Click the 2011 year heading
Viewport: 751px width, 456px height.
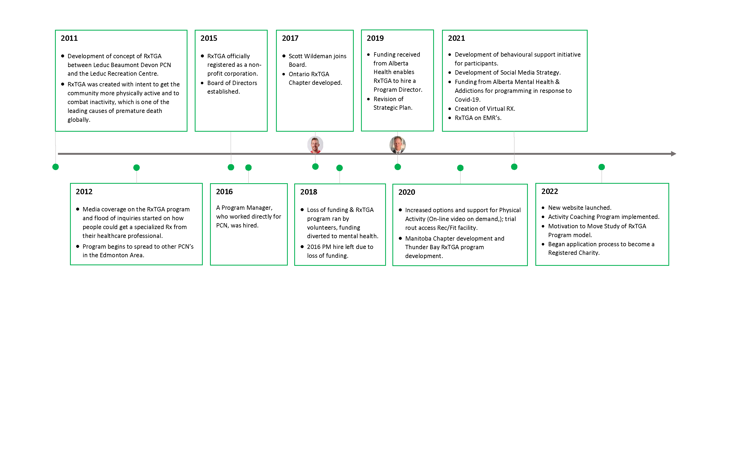pyautogui.click(x=69, y=38)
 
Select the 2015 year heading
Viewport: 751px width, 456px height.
pyautogui.click(x=209, y=38)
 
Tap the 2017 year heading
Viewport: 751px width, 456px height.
pyautogui.click(x=290, y=38)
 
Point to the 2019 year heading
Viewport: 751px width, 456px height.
pyautogui.click(x=375, y=38)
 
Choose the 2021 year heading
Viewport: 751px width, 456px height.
pyautogui.click(x=456, y=38)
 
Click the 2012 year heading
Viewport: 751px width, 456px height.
pyautogui.click(x=84, y=192)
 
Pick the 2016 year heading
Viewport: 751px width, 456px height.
pyautogui.click(x=224, y=192)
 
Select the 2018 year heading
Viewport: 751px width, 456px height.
pyautogui.click(x=309, y=192)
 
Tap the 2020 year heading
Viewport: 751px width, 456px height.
pyautogui.click(x=407, y=192)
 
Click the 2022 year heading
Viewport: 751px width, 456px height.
pyautogui.click(x=550, y=192)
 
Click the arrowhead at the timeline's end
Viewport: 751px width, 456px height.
pyautogui.click(x=673, y=154)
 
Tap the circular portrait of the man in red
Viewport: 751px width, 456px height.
pyautogui.click(x=315, y=145)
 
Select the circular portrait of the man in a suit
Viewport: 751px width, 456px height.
pyautogui.click(x=397, y=145)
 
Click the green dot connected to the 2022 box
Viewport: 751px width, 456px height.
pyautogui.click(x=602, y=167)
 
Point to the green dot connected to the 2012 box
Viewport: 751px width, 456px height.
pyautogui.click(x=137, y=168)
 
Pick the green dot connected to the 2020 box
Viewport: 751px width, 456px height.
pyautogui.click(x=460, y=168)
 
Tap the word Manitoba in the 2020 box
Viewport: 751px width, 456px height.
pyautogui.click(x=418, y=239)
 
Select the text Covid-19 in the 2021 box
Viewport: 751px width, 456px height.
pyautogui.click(x=467, y=100)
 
